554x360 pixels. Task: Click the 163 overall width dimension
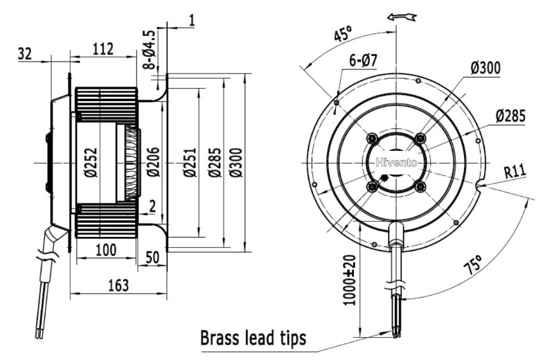118,285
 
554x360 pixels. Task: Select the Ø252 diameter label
91,163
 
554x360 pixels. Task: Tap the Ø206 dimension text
153,162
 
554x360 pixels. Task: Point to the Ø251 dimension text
190,162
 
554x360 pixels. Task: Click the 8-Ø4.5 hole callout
150,49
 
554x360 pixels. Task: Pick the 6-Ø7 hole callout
363,60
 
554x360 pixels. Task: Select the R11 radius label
515,172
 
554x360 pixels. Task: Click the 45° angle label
343,34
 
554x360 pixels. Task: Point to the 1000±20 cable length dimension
350,280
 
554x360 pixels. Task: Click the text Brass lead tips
253,338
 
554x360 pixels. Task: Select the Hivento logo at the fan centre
396,163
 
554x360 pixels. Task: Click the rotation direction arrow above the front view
402,17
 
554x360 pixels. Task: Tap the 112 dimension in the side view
103,49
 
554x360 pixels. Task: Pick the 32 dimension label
25,54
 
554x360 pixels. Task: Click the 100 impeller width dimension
106,250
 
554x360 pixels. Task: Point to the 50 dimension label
152,258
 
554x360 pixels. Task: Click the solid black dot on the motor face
384,178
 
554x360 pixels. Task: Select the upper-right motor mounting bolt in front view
420,138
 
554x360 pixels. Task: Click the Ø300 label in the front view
485,68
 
